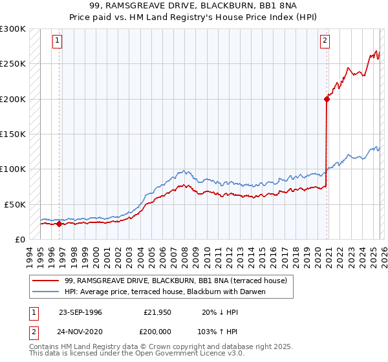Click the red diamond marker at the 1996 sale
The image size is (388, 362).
59,224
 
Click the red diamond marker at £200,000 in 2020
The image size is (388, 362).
327,99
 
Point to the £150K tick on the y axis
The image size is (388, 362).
13,134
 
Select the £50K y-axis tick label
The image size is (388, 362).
15,204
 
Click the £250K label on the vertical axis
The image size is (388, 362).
13,64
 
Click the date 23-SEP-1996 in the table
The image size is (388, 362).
80,312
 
